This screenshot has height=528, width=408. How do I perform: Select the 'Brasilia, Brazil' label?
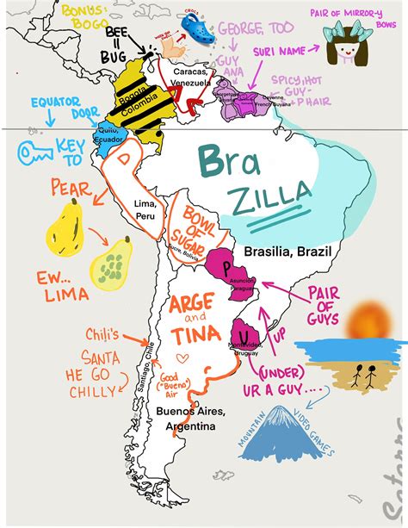(x=287, y=252)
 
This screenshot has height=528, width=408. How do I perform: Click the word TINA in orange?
(x=194, y=335)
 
